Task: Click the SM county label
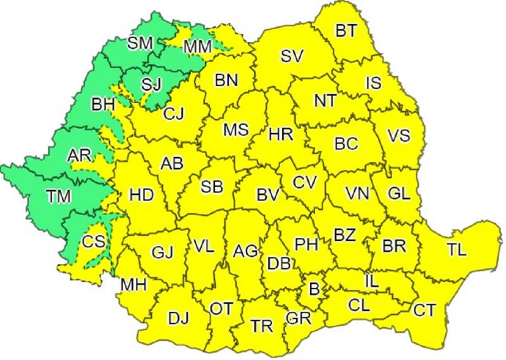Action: (140, 43)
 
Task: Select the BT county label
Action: (346, 29)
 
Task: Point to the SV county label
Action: (293, 56)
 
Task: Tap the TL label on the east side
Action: (456, 249)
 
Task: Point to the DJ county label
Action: (178, 318)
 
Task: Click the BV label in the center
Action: (269, 195)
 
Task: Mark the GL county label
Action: (398, 194)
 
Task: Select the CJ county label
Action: (173, 114)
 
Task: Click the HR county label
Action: (280, 134)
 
